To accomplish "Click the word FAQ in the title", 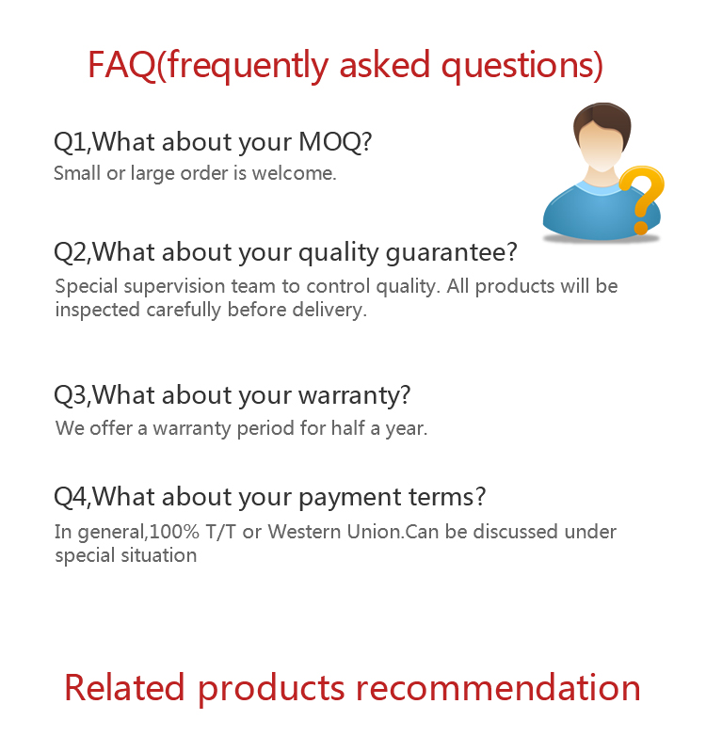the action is tap(121, 64).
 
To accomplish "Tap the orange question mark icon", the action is tap(641, 199).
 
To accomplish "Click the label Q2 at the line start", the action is tap(71, 252).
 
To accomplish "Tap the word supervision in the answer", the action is tap(200, 287).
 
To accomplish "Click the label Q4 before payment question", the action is tap(71, 497).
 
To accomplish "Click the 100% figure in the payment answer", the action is tap(175, 532).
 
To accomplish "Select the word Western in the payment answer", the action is tap(305, 532).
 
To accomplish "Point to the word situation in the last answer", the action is tap(159, 555).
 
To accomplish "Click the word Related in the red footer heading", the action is tap(124, 688).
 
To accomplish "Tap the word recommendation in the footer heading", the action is tap(499, 688).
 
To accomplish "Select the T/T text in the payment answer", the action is tap(220, 532).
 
